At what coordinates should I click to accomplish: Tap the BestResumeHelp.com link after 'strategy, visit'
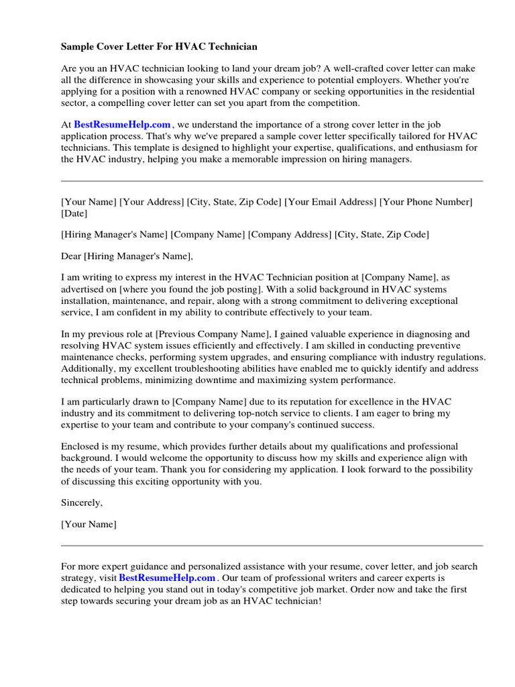pyautogui.click(x=167, y=577)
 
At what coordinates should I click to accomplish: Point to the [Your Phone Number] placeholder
pyautogui.click(x=426, y=202)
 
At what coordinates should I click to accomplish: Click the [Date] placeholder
pyautogui.click(x=74, y=213)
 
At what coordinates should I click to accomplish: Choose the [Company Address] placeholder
pyautogui.click(x=290, y=234)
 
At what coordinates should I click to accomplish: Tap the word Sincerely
pyautogui.click(x=82, y=503)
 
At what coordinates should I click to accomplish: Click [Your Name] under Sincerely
pyautogui.click(x=89, y=524)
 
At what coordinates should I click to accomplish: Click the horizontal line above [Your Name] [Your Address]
pyautogui.click(x=272, y=181)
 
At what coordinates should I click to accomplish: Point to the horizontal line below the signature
pyautogui.click(x=272, y=545)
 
